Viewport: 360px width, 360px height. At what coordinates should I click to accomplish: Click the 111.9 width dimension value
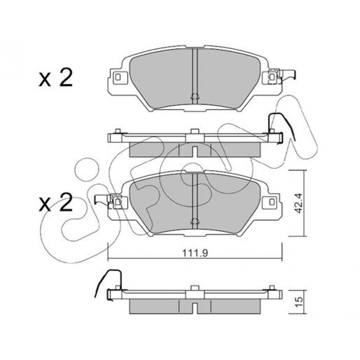coord(195,253)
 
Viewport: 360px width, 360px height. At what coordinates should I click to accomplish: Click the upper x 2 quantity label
coord(55,78)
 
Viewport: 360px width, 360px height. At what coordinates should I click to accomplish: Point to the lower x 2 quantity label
coord(55,202)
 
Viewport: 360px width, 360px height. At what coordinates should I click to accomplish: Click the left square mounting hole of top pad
coord(118,77)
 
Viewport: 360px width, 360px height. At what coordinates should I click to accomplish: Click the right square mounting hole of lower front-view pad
coord(272,202)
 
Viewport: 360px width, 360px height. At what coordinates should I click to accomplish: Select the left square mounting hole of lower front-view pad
coord(118,202)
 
